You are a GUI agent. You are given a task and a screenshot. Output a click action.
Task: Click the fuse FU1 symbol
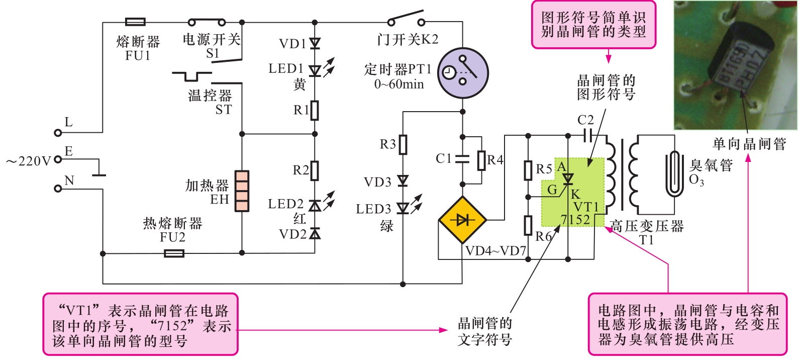[x=135, y=22]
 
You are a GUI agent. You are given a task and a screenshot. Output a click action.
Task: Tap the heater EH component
[x=242, y=191]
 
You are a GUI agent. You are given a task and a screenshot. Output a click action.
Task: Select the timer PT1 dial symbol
[x=463, y=73]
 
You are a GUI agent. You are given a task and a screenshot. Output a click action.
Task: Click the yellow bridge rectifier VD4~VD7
[x=462, y=220]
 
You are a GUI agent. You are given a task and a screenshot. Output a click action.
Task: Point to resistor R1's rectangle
[x=315, y=110]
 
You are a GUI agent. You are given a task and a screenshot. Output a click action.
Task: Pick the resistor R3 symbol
[x=403, y=145]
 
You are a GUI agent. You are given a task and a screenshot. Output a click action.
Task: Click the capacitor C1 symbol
[x=462, y=159]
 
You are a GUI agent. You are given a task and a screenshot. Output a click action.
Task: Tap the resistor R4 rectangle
[x=481, y=160]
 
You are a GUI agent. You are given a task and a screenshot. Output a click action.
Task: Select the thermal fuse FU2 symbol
[x=174, y=253]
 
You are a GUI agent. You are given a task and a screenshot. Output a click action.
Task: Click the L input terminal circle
[x=58, y=133]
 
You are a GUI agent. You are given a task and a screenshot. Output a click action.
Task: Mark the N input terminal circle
[x=58, y=189]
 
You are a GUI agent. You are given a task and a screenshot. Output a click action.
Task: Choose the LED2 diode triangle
[x=315, y=206]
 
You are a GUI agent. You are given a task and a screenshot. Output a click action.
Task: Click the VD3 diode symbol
[x=403, y=181]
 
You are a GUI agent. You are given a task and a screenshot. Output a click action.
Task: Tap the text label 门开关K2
[x=408, y=39]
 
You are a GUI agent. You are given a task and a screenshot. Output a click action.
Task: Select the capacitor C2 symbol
[x=588, y=135]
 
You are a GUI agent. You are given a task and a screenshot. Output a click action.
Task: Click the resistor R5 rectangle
[x=528, y=170]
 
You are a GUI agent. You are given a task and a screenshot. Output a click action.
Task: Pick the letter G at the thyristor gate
[x=552, y=190]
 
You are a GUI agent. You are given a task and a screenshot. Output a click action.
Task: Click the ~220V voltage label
[x=29, y=161]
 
